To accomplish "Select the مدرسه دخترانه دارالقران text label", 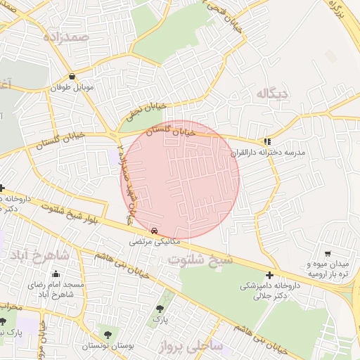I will pyautogui.click(x=268, y=152).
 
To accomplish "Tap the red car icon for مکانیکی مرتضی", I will pyautogui.click(x=155, y=230).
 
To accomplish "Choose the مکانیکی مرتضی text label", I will pyautogui.click(x=155, y=241).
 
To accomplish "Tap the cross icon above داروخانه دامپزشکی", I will pyautogui.click(x=270, y=275).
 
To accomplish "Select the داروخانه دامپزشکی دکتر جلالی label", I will pyautogui.click(x=270, y=292).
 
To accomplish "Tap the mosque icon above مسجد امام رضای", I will pyautogui.click(x=56, y=274).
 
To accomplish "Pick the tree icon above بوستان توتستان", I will pyautogui.click(x=107, y=335).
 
